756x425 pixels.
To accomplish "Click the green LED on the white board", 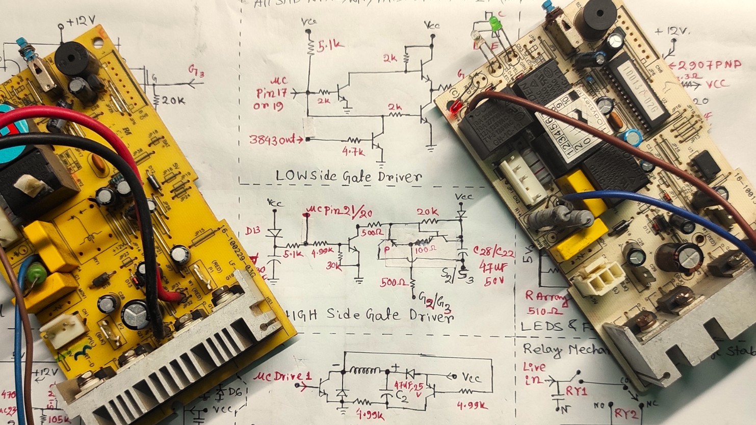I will pyautogui.click(x=493, y=23).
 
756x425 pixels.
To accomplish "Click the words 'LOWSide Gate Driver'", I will pyautogui.click(x=349, y=176).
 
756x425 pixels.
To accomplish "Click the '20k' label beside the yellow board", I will pyautogui.click(x=173, y=100).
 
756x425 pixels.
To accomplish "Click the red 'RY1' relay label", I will pyautogui.click(x=577, y=391).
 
